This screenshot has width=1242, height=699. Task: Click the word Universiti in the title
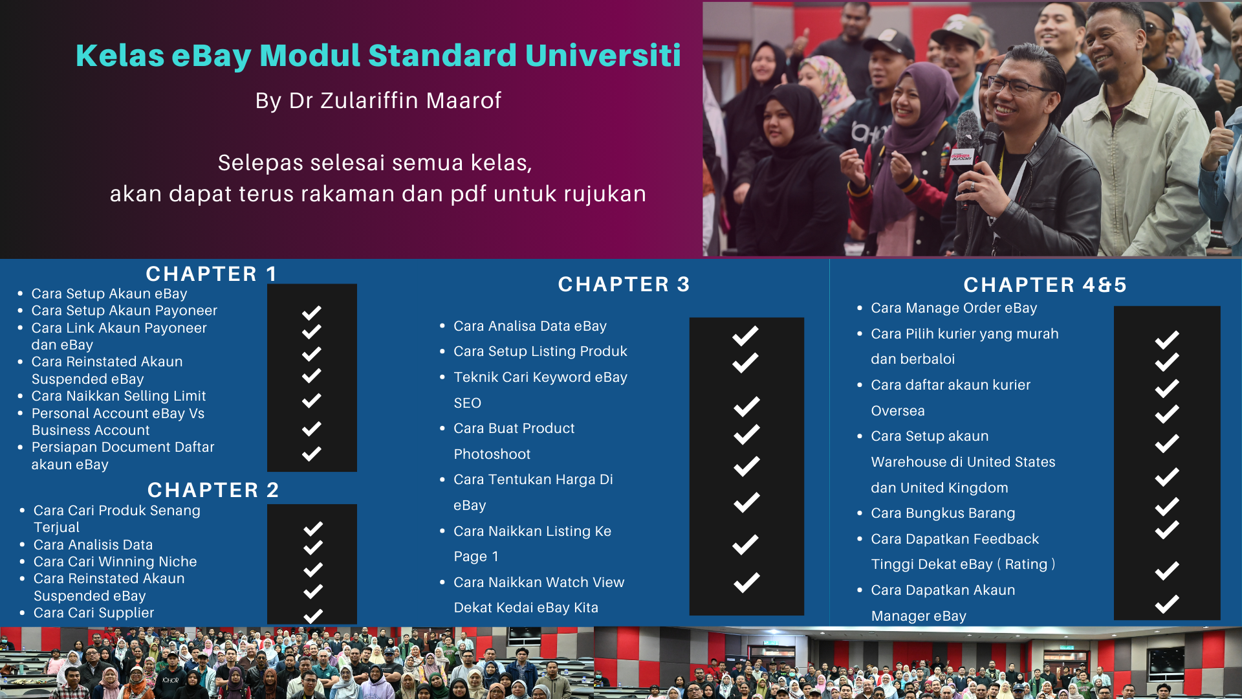coord(603,55)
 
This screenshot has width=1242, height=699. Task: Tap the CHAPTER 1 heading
coord(212,274)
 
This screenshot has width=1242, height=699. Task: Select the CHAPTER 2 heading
coord(213,490)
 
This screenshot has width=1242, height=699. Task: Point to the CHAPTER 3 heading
coord(624,284)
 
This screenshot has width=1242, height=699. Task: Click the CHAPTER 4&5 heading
coord(1045,285)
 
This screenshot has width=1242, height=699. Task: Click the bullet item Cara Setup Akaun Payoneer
coord(124,311)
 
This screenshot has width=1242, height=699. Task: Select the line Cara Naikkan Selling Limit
coord(118,396)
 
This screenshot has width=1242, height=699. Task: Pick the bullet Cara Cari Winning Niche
coord(115,562)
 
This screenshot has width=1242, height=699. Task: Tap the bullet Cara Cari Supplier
coord(94,613)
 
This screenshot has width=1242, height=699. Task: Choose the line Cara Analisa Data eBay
coord(530,326)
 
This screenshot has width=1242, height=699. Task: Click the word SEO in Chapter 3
coord(468,403)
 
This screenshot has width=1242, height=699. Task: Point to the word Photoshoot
coord(492,454)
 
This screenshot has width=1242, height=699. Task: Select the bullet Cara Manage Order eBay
coord(954,308)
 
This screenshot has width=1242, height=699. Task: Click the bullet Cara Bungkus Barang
coord(943,513)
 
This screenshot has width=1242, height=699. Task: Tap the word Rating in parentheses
coord(1026,564)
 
